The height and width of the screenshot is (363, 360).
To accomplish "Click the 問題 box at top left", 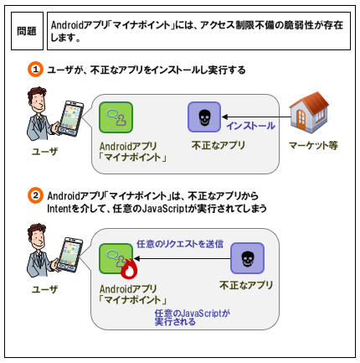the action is pyautogui.click(x=27, y=31).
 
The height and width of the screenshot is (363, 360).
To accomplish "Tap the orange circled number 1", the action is pyautogui.click(x=35, y=70).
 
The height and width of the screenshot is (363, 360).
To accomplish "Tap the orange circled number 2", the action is pyautogui.click(x=35, y=195).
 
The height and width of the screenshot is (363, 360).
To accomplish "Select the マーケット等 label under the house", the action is pyautogui.click(x=313, y=145).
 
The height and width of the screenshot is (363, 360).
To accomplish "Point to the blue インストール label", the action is pyautogui.click(x=250, y=126).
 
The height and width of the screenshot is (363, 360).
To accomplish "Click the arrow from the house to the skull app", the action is pyautogui.click(x=256, y=117).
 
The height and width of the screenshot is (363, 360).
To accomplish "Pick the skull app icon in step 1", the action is pyautogui.click(x=204, y=117).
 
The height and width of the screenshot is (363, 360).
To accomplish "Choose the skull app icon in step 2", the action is pyautogui.click(x=247, y=258).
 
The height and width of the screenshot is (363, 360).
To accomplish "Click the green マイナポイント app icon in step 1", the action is pyautogui.click(x=116, y=117).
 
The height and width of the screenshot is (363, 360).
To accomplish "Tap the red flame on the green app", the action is pyautogui.click(x=129, y=269).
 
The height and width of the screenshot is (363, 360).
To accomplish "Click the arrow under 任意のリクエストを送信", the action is pyautogui.click(x=182, y=259).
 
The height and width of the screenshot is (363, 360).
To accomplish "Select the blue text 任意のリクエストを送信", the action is pyautogui.click(x=180, y=244).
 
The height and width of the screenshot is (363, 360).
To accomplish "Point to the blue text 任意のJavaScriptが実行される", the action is pyautogui.click(x=193, y=318).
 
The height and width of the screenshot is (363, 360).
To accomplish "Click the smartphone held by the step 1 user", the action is pyautogui.click(x=71, y=118).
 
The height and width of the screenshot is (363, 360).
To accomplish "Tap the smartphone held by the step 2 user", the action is pyautogui.click(x=70, y=255).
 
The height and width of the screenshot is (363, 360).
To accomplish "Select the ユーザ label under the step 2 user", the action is pyautogui.click(x=44, y=289).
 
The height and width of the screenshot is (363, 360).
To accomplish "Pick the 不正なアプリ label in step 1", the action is pyautogui.click(x=219, y=145).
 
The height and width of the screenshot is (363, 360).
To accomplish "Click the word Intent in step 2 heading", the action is pyautogui.click(x=59, y=208).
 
